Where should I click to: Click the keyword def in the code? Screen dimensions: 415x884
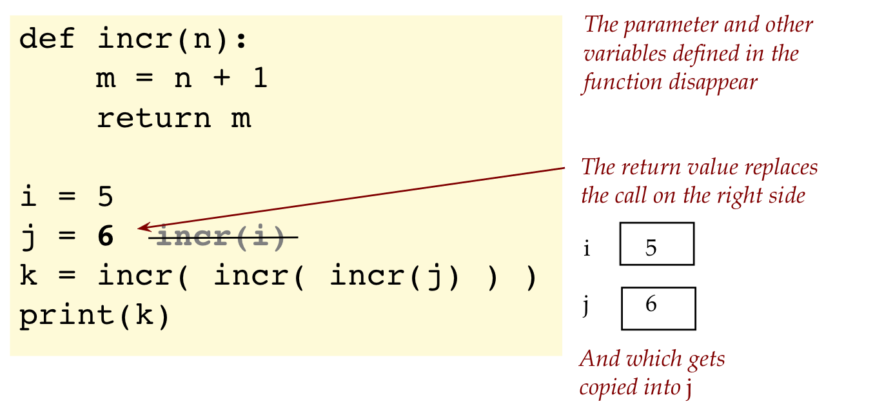pos(48,40)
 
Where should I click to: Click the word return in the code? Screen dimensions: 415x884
pos(153,119)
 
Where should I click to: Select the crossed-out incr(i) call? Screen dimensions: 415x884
pos(221,238)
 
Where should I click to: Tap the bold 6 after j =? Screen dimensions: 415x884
pos(105,238)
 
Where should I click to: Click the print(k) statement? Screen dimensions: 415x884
pos(95,316)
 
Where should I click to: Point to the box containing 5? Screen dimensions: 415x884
pos(656,244)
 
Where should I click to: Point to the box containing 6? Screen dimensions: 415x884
pos(658,308)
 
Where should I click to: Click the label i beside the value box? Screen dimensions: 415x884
pos(586,248)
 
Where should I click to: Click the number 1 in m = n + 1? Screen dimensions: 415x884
pos(259,79)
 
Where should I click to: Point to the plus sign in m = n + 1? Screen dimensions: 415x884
pos(221,79)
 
